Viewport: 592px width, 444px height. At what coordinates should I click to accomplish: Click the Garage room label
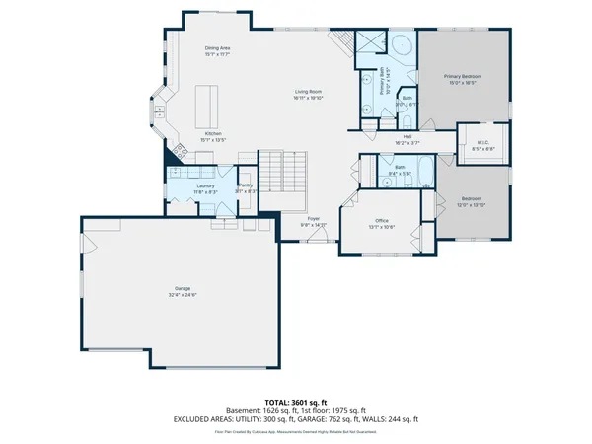pos(182,291)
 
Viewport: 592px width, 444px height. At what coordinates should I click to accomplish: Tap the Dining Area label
pos(217,50)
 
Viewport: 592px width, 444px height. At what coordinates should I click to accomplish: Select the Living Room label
pos(308,95)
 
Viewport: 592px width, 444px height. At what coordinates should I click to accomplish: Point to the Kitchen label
pos(213,136)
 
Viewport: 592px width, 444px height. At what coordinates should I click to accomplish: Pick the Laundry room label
pos(205,187)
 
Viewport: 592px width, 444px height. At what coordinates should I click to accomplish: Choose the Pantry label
pos(245,187)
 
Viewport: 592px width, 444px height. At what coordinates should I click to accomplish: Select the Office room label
pos(382,223)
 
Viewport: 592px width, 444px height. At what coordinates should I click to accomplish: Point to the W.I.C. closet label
pos(483,144)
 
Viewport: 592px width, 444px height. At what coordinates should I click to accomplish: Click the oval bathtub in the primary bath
pos(402,46)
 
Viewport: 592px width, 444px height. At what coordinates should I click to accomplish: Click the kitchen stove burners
pos(181,152)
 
